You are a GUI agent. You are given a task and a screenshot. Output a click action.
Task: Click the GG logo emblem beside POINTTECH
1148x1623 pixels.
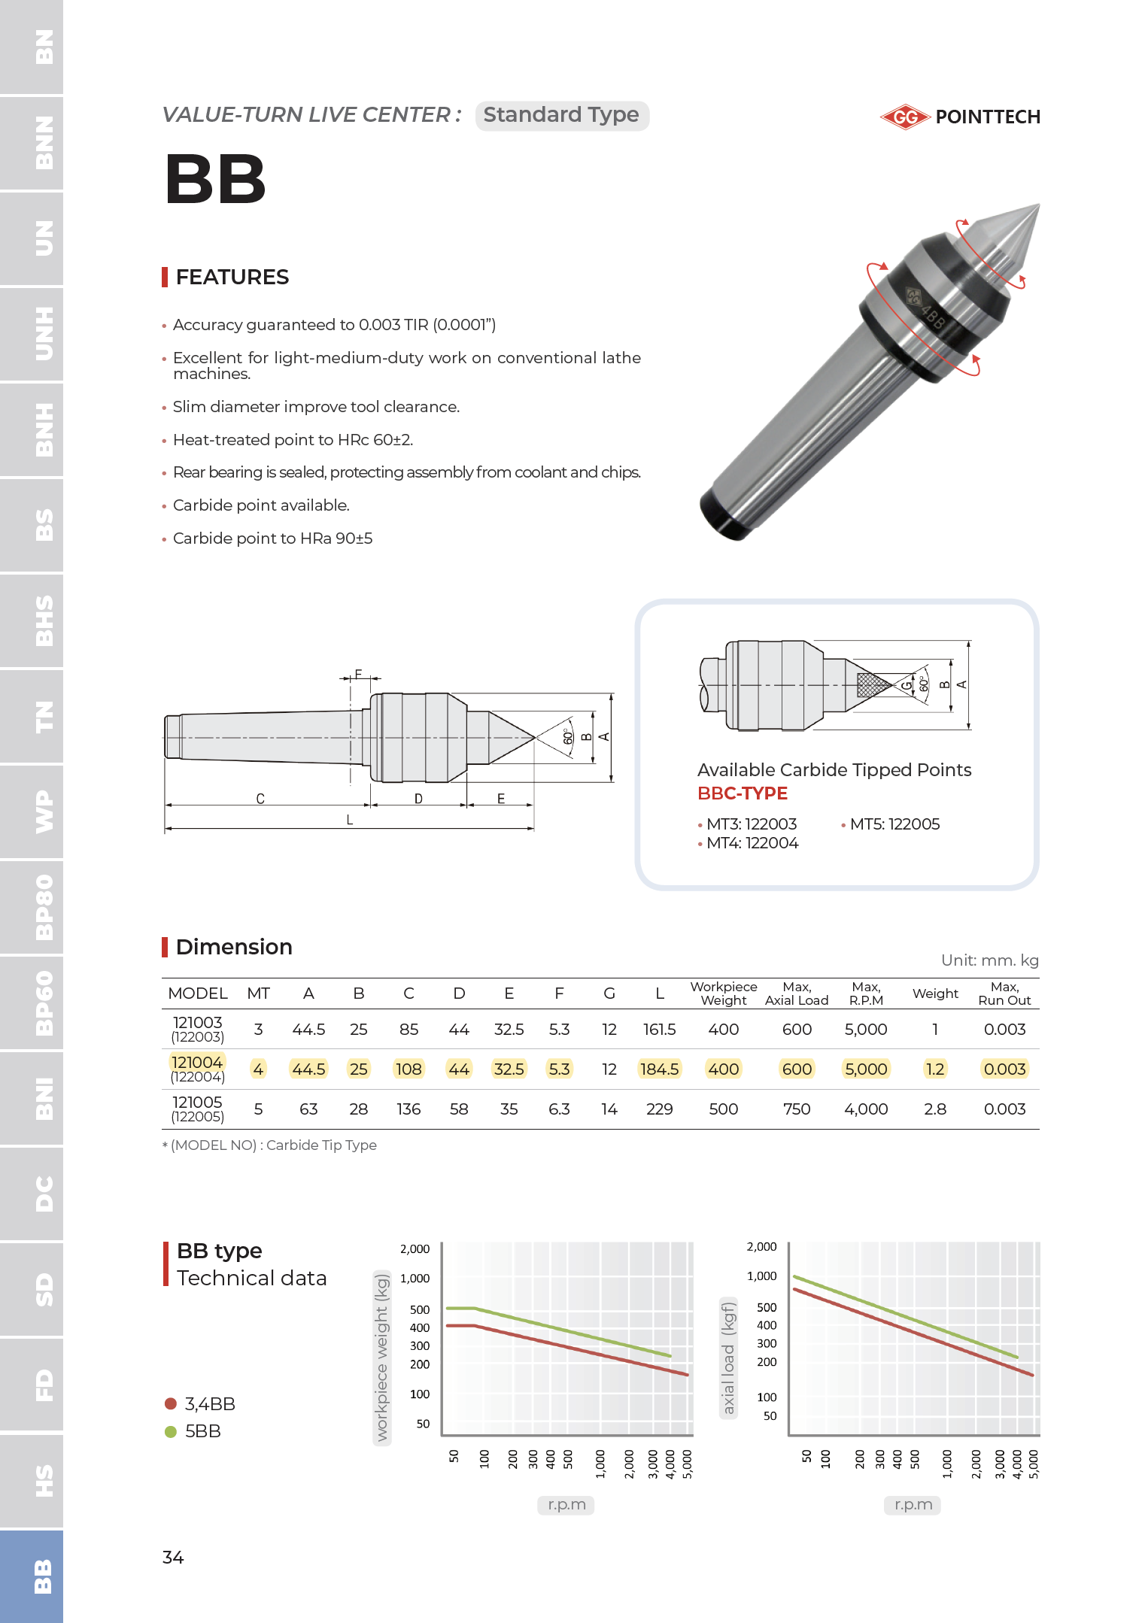pos(906,117)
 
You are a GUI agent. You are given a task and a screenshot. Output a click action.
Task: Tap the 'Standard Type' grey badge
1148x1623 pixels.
pos(561,115)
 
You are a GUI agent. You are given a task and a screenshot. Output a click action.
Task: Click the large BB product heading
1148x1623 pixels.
pos(215,179)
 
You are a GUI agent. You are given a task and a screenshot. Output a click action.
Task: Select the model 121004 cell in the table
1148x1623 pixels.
pos(197,1062)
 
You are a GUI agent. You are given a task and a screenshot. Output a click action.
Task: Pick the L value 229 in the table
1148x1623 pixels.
pos(659,1109)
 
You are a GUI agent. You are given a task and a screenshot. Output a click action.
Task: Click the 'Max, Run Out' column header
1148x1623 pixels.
pos(1004,994)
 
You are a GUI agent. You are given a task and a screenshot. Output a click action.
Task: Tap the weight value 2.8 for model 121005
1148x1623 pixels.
pos(935,1109)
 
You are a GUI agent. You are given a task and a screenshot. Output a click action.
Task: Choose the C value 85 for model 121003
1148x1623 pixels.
pos(408,1030)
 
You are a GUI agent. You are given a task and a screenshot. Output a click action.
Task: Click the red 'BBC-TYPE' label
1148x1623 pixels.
pos(743,793)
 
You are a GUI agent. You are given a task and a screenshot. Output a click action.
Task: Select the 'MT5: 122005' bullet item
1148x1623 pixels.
pos(894,824)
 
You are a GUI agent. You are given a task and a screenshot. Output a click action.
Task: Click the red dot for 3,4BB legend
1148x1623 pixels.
pos(171,1403)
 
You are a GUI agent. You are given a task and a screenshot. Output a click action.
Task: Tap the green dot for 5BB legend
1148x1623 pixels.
pos(171,1431)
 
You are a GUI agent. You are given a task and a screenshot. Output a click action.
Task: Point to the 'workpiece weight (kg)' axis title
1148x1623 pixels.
pos(382,1357)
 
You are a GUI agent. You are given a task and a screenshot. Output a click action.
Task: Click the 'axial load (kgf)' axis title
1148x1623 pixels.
pos(728,1357)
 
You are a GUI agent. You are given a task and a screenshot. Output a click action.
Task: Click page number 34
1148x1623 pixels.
pos(173,1557)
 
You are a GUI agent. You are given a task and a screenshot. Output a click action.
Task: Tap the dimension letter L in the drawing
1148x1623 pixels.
pos(350,820)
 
